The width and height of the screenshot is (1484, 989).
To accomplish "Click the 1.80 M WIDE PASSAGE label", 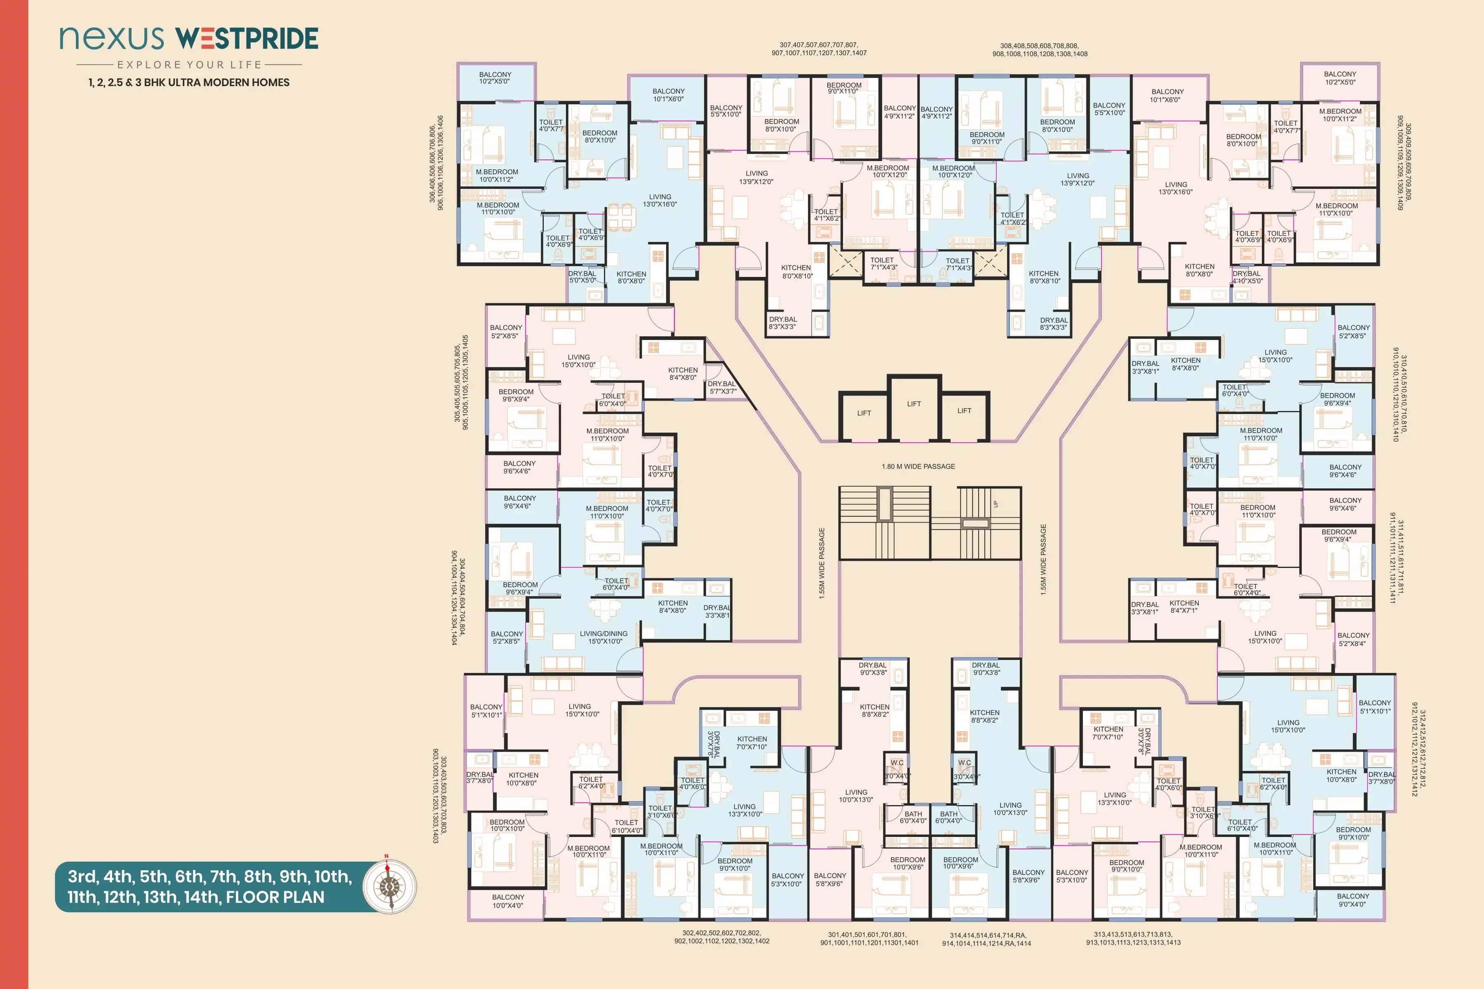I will (x=918, y=467).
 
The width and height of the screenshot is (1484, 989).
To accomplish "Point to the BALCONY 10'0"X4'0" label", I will (x=508, y=901).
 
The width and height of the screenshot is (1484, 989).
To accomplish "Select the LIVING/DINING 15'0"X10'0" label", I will (x=604, y=637).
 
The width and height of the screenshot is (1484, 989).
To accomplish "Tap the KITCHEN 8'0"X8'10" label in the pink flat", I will (x=797, y=272).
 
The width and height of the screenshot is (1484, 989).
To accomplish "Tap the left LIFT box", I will (x=864, y=414).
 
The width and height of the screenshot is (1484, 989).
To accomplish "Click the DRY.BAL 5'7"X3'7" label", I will (x=722, y=387).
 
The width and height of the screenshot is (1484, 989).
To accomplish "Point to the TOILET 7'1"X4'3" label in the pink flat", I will (x=882, y=264).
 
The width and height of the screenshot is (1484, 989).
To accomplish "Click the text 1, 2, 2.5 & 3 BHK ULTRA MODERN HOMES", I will (x=189, y=83).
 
